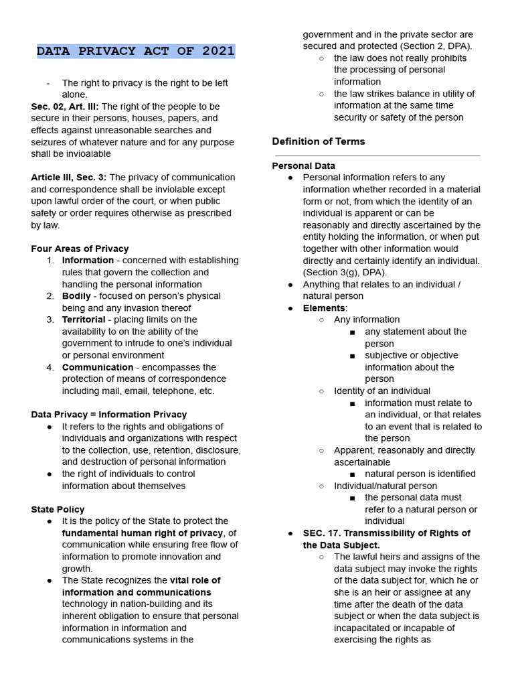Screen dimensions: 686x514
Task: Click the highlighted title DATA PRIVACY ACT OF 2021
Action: pyautogui.click(x=135, y=51)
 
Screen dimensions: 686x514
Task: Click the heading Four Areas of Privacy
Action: pyautogui.click(x=80, y=249)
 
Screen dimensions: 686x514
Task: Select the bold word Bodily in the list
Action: pyautogui.click(x=76, y=296)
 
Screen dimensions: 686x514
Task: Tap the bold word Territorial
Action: pyautogui.click(x=84, y=320)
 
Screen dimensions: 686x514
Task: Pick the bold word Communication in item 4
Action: pyautogui.click(x=98, y=367)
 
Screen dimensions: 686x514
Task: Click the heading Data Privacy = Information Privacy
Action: pyautogui.click(x=109, y=415)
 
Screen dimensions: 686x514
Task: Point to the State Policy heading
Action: pyautogui.click(x=58, y=509)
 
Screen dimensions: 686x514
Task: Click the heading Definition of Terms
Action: pyautogui.click(x=319, y=141)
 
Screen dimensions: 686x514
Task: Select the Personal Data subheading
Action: pyautogui.click(x=304, y=165)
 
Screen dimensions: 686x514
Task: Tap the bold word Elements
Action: pyautogui.click(x=324, y=308)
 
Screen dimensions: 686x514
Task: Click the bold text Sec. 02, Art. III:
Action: pyautogui.click(x=65, y=107)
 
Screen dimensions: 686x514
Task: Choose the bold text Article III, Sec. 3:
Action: pyautogui.click(x=69, y=178)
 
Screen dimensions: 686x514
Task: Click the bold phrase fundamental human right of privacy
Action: pyautogui.click(x=142, y=533)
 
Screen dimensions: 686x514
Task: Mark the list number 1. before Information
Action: pyautogui.click(x=51, y=261)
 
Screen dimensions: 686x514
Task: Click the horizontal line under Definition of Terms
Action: pyautogui.click(x=376, y=156)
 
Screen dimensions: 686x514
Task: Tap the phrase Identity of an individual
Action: pyautogui.click(x=382, y=391)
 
